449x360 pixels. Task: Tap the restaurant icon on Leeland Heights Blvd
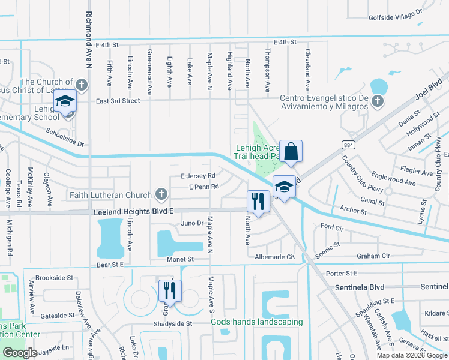coord(259,202)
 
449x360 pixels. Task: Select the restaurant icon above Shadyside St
coord(170,291)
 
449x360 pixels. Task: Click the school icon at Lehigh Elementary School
coord(65,103)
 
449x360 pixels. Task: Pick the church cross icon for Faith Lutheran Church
coord(161,194)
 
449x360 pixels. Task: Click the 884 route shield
coord(348,145)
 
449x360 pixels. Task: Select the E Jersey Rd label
coord(197,176)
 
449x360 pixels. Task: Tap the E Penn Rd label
coord(203,187)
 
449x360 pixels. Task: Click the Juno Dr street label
coord(193,223)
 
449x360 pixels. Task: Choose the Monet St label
coord(181,259)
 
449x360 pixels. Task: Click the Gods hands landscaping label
coord(256,322)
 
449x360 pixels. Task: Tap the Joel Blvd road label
coord(428,89)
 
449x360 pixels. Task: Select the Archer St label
coord(353,211)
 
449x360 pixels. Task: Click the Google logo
coord(20,353)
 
